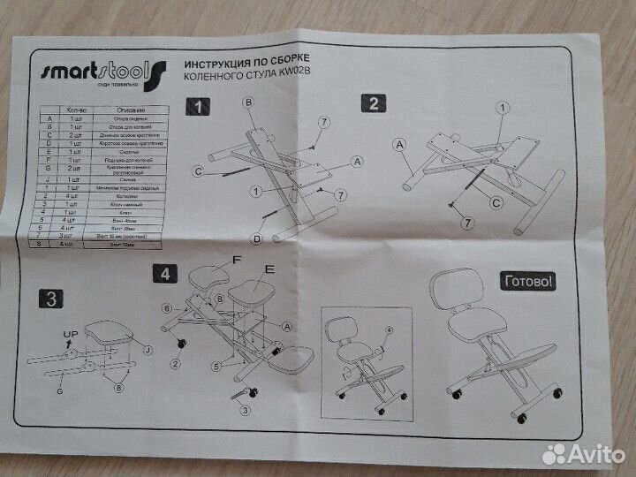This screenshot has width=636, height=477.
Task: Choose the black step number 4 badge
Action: (x=164, y=273)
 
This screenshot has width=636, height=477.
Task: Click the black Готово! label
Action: (x=528, y=282)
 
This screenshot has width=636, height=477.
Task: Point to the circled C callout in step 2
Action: (x=496, y=202)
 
